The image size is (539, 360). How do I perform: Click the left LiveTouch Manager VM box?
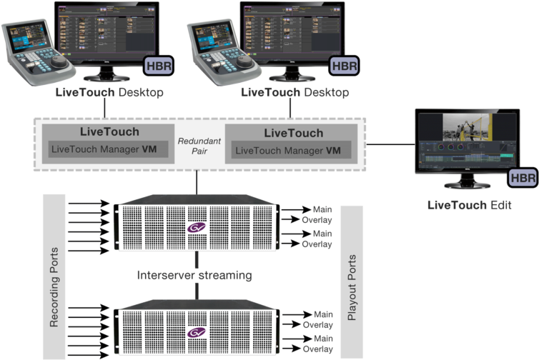108,150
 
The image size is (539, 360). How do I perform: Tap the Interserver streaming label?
194,275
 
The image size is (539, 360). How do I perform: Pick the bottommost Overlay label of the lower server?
317,349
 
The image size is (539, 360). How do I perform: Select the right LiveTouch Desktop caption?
295,93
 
